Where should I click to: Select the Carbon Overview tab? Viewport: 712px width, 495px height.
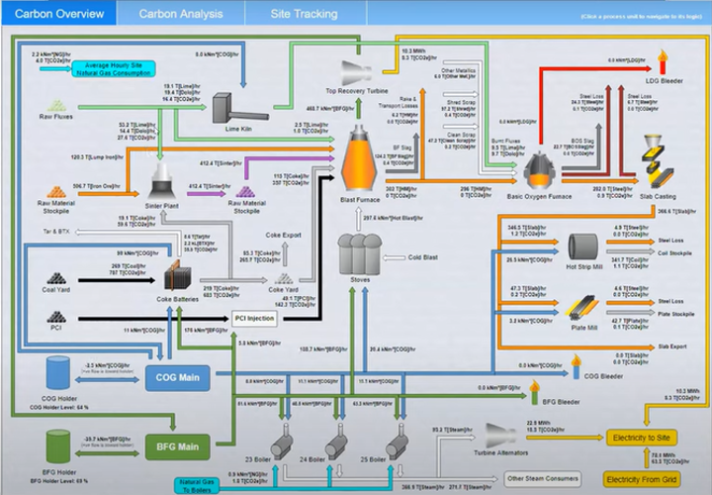pos(58,14)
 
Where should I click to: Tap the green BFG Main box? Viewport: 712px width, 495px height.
pos(179,445)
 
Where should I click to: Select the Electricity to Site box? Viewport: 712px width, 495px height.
pos(644,437)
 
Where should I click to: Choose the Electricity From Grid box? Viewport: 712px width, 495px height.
pos(644,479)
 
